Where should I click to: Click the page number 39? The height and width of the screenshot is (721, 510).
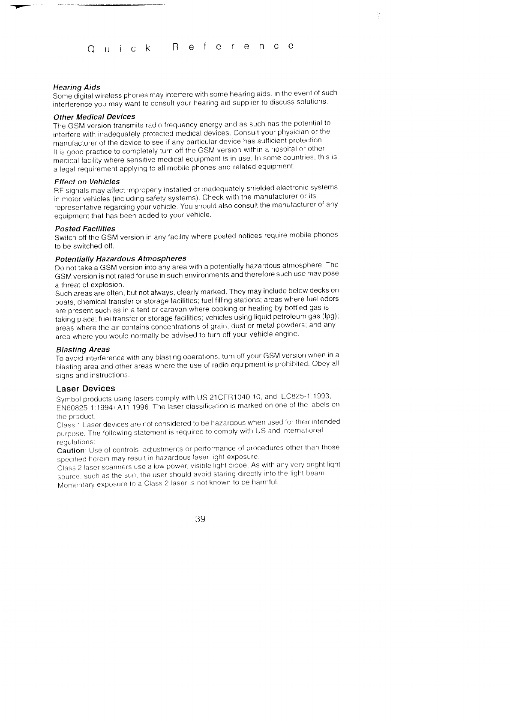tap(200, 519)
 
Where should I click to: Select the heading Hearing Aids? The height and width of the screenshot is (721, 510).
tap(76, 87)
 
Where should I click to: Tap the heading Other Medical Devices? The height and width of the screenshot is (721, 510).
tap(94, 117)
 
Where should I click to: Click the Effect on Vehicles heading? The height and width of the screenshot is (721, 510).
tap(87, 182)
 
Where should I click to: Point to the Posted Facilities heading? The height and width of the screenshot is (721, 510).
tap(85, 229)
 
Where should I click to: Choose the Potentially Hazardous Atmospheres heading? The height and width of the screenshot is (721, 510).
tap(121, 259)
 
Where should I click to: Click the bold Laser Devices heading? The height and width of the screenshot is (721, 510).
tap(86, 389)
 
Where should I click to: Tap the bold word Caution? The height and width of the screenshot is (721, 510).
tap(71, 451)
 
